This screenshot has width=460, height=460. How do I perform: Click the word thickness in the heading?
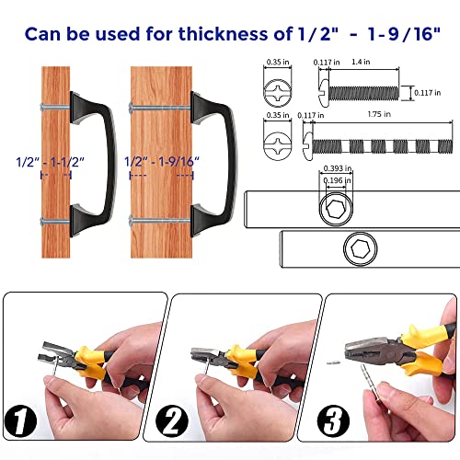pos(223,34)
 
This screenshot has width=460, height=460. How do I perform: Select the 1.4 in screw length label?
pos(361,62)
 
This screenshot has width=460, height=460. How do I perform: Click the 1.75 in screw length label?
pos(379,114)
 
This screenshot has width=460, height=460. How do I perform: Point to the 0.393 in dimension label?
pos(338,168)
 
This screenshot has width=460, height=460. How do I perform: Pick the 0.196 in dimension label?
pos(337,180)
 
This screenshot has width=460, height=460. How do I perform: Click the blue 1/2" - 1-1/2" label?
pos(50,162)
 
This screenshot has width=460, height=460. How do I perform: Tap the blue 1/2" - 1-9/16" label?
pos(162,162)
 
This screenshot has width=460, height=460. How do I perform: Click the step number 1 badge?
pos(20,421)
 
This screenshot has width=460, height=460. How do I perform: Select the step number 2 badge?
pos(172,421)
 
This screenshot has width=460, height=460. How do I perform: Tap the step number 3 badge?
pos(333,421)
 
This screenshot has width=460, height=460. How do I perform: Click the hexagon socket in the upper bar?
pos(336,209)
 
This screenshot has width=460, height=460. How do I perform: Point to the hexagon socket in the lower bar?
pos(361,248)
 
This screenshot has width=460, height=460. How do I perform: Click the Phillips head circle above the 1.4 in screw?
pos(278,93)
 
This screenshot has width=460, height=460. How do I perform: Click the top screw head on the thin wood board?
pos(43,107)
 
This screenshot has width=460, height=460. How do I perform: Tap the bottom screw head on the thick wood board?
pos(132,220)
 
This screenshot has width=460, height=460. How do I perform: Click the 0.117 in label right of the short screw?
pos(428,93)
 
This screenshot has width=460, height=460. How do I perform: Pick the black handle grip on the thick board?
pos(214,164)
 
